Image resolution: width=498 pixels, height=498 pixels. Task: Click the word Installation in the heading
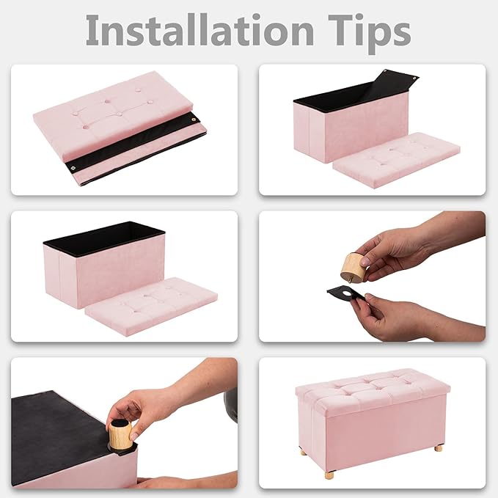[200, 31]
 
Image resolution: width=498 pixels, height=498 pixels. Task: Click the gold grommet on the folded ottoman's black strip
[194, 120]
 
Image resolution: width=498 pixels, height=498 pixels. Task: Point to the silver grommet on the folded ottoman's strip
[73, 167]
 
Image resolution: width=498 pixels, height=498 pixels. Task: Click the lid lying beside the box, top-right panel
[396, 160]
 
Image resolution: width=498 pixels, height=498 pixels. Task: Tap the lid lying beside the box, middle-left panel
[152, 306]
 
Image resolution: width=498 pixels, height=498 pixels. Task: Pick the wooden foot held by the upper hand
[351, 266]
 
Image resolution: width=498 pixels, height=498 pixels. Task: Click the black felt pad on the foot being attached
[120, 423]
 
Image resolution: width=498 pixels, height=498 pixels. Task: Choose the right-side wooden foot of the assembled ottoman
[439, 448]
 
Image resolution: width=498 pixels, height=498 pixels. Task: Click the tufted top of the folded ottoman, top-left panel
[113, 113]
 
